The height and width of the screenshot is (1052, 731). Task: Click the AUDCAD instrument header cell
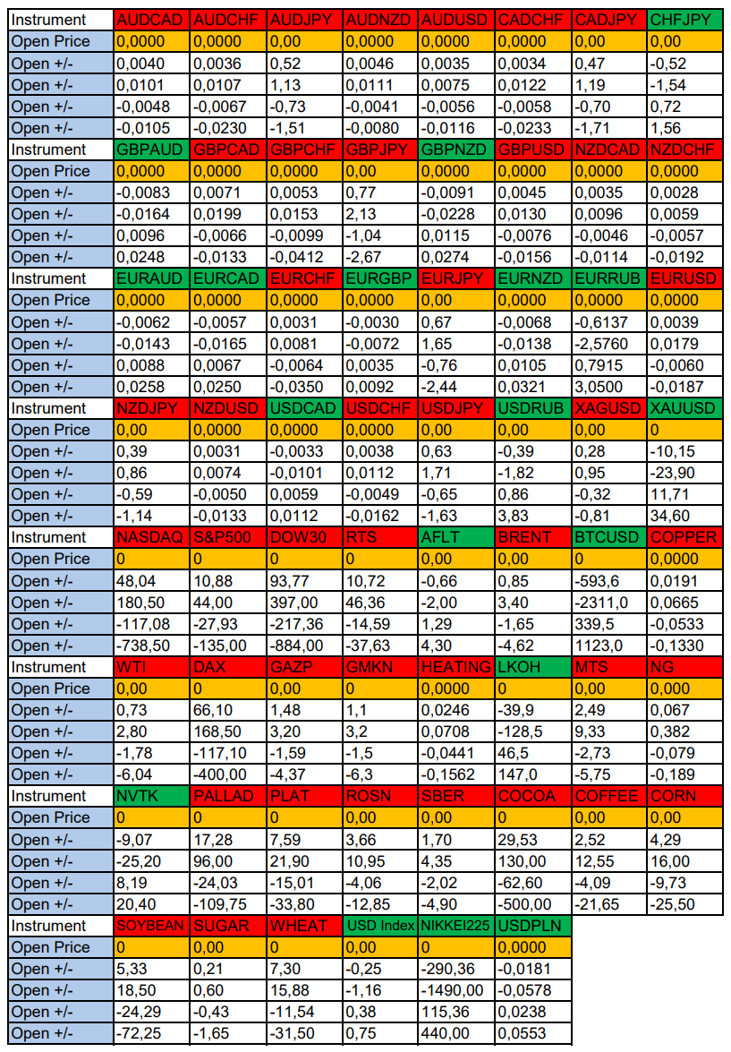tap(151, 20)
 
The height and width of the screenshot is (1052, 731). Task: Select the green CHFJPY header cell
tap(684, 20)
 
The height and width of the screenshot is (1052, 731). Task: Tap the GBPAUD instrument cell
tap(151, 150)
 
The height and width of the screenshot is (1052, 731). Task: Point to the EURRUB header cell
tap(608, 278)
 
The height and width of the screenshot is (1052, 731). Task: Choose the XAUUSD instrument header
tap(684, 408)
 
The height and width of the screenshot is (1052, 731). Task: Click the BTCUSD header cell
tap(608, 537)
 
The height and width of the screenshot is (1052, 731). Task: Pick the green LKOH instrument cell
tap(532, 667)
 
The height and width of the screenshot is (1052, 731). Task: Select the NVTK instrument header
tap(151, 796)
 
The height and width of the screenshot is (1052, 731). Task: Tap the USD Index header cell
tap(380, 926)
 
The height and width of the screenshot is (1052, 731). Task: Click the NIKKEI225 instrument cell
tap(456, 926)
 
